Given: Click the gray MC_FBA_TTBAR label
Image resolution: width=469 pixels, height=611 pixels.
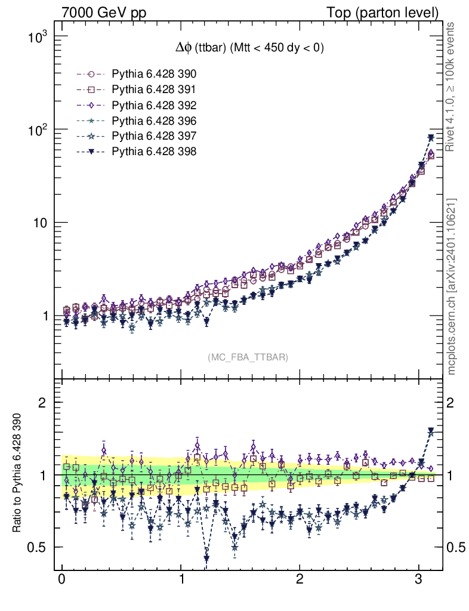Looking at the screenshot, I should [x=248, y=357].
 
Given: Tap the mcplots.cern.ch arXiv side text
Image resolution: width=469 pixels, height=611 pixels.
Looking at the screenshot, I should [x=452, y=286].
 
